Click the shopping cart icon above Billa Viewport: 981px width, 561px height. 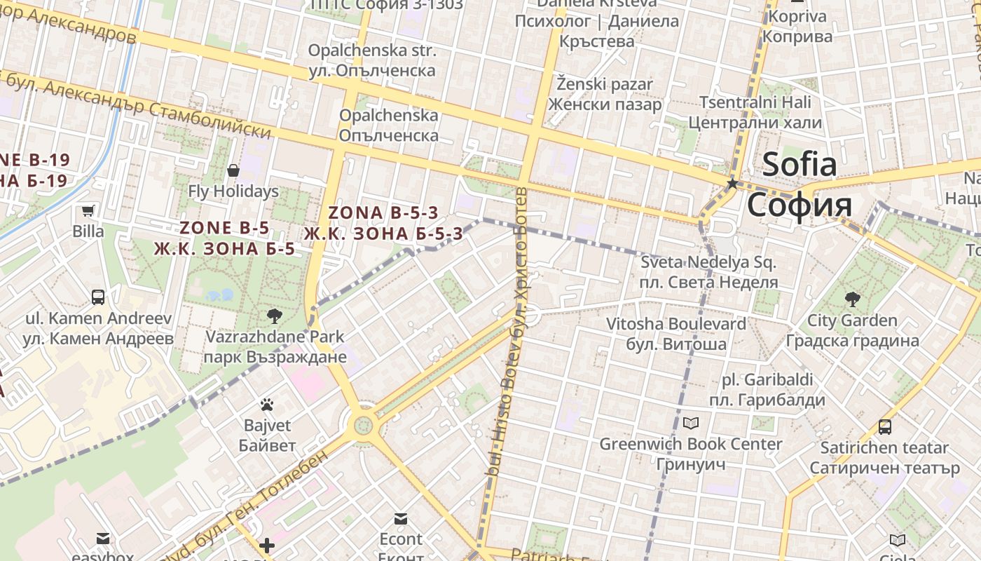(x=88, y=210)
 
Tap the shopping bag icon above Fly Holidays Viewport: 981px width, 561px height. (x=233, y=170)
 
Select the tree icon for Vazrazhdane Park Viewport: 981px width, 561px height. (x=275, y=316)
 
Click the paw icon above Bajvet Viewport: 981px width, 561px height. (x=267, y=405)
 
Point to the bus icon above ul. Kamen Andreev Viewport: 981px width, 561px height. (x=98, y=297)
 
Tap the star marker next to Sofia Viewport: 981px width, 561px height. (x=732, y=184)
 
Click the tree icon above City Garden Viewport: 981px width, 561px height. (x=852, y=300)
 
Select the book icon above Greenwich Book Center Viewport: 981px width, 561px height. (x=691, y=423)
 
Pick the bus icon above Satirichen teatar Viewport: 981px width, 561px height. (x=885, y=426)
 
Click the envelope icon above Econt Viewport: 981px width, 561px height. (x=401, y=519)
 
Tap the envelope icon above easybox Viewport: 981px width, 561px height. (x=103, y=539)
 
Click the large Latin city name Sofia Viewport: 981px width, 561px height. (x=800, y=165)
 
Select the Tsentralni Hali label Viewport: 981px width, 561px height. (x=755, y=102)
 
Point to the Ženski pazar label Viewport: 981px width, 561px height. (x=605, y=84)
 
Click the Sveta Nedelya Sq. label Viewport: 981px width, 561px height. (x=708, y=263)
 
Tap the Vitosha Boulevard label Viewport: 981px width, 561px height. (x=676, y=324)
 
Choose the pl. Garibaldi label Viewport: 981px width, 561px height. (x=767, y=380)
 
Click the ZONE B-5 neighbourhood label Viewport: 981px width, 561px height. (x=224, y=228)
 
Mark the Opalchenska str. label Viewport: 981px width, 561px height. (x=372, y=51)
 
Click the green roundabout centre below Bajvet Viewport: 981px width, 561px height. (x=363, y=425)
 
